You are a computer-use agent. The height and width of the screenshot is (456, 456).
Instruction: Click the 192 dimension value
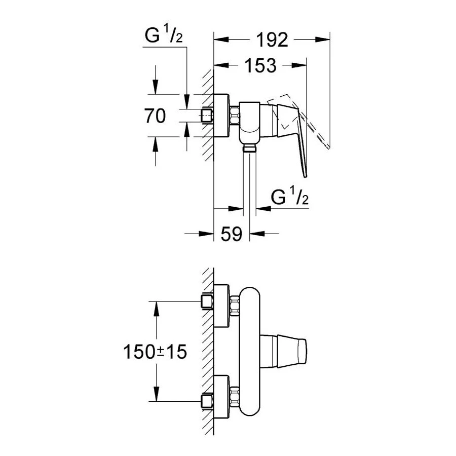(x=272, y=39)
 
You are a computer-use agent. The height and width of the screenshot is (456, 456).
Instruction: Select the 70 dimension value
(x=155, y=116)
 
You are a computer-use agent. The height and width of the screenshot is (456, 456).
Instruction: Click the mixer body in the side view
(x=249, y=122)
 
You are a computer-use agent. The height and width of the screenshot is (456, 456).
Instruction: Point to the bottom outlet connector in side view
(x=248, y=148)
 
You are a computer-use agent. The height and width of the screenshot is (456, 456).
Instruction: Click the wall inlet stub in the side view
(x=206, y=116)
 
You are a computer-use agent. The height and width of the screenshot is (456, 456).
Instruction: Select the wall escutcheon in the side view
(x=221, y=116)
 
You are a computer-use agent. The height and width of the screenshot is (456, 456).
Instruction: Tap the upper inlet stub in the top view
(x=206, y=302)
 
